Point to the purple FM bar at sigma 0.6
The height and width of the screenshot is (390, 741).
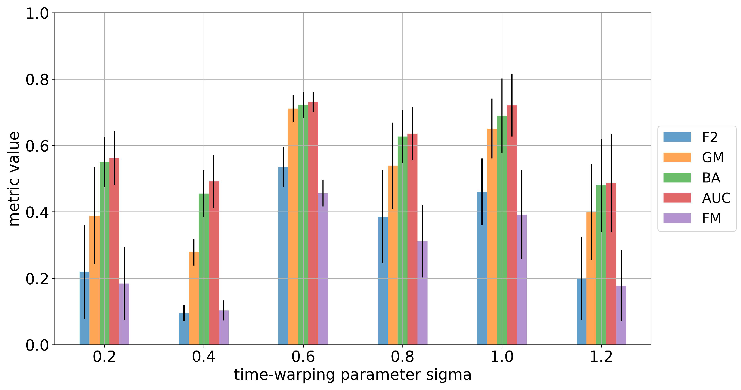(x=323, y=269)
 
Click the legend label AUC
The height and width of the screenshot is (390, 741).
(x=716, y=198)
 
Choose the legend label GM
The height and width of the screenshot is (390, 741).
(x=713, y=158)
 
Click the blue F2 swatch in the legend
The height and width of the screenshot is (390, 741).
(x=677, y=137)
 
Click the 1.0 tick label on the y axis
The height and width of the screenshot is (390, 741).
(x=37, y=14)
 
